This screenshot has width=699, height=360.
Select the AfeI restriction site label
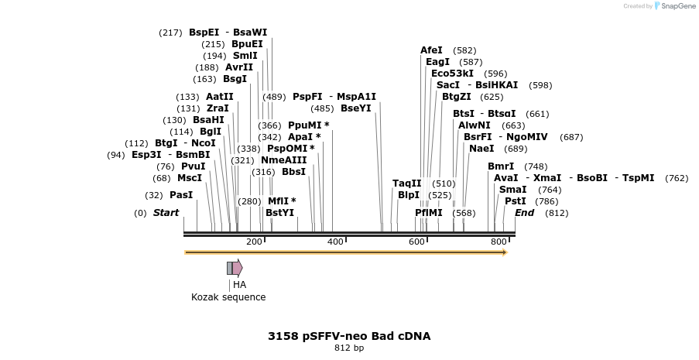431,50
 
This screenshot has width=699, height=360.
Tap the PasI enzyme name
181,195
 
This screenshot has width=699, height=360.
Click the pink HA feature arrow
238,268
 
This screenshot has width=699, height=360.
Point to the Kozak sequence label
228,297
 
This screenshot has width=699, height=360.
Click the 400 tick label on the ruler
335,242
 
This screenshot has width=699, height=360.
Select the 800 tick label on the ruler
499,242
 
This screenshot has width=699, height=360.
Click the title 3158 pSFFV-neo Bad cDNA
349,336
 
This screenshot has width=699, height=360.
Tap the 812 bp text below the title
349,348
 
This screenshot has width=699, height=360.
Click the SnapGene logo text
677,5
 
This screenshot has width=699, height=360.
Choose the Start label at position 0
166,213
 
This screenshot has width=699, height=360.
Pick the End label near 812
525,213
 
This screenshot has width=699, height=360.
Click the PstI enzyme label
516,201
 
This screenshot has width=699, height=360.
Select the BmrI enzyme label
501,166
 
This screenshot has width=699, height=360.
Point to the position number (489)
274,97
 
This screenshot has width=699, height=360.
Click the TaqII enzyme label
406,183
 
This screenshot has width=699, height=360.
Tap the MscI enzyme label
190,178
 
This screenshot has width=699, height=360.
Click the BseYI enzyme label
356,108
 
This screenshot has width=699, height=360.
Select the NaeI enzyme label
481,149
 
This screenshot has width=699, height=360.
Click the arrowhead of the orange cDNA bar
505,252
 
